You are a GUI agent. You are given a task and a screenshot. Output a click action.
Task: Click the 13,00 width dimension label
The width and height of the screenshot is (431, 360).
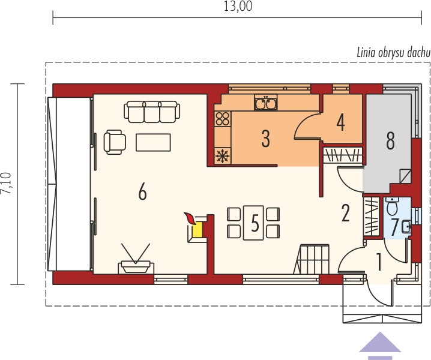[x=238, y=7]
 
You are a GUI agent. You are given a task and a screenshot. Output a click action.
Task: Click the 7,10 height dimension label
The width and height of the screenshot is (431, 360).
[x=6, y=183]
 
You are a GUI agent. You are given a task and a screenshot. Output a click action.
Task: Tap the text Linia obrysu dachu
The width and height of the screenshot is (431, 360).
[x=393, y=52]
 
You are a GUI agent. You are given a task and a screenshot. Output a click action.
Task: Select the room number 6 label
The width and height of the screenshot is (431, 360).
[x=142, y=191]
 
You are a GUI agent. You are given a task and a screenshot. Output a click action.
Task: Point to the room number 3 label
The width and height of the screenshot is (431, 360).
[x=265, y=139]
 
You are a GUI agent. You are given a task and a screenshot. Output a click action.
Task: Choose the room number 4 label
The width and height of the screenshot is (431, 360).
[x=340, y=122]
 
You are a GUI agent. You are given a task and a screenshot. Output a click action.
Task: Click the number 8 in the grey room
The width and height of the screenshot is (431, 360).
[x=390, y=140]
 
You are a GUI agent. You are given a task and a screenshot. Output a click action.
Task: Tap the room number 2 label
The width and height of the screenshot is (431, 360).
[x=345, y=213]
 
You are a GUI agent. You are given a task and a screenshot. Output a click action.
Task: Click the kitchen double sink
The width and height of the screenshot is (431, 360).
[x=265, y=103]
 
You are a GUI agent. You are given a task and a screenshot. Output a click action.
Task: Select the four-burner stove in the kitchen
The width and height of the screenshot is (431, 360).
[x=222, y=119]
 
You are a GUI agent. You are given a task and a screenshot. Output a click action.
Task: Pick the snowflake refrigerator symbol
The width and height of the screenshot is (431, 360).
[x=223, y=156]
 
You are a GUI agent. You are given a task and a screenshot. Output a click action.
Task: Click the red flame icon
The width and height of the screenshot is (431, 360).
[x=190, y=218]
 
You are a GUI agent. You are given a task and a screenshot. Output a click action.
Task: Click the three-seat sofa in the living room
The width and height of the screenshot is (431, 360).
[x=152, y=112]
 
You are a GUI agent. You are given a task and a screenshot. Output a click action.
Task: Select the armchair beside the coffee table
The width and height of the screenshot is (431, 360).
[x=115, y=142]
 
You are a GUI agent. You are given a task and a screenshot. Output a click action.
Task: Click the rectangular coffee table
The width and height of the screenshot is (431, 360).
[x=153, y=142]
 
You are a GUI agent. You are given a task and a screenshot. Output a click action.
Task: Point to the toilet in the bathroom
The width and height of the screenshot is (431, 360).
[x=391, y=206]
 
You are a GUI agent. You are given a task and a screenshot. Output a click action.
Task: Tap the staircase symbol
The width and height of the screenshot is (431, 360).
[x=312, y=259]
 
